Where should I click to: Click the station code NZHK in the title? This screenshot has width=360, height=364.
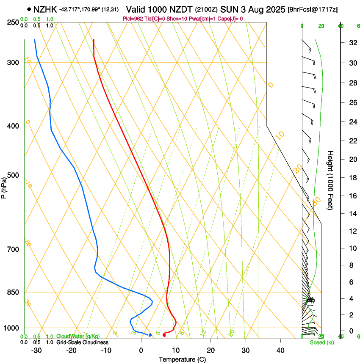point(45,9)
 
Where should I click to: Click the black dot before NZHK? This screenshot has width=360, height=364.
point(29,9)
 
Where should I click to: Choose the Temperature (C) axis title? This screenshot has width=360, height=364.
point(182,360)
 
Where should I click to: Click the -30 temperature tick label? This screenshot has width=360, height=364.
point(36,350)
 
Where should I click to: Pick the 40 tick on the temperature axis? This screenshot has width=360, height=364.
point(280,350)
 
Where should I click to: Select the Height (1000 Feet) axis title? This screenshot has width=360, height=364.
point(330,180)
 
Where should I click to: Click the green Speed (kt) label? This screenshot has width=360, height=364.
point(321,342)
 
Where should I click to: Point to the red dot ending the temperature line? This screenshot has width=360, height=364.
point(164,335)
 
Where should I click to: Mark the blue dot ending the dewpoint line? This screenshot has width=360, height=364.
point(150,335)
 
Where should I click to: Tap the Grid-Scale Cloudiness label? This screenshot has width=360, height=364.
point(82,342)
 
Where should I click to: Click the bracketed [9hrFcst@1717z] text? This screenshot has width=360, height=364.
point(313,9)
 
